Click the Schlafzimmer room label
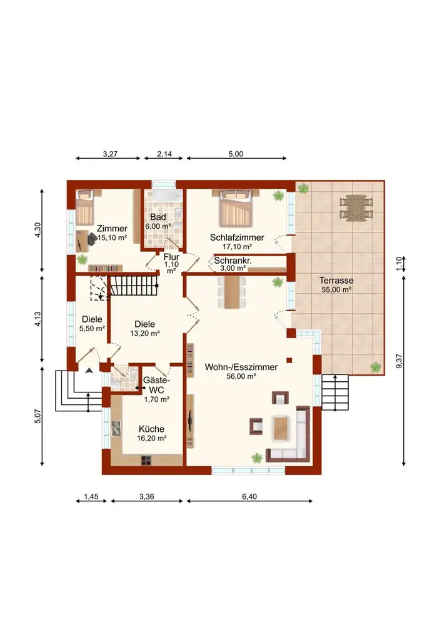tap(237, 237)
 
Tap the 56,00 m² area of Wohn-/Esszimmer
tap(241, 376)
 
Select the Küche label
tap(151, 429)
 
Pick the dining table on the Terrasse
tap(356, 207)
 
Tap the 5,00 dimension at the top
tap(236, 154)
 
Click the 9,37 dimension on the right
tap(399, 361)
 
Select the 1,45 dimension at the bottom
tap(91, 497)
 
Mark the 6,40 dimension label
tap(249, 497)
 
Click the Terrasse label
tap(336, 281)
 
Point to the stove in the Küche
tap(146, 460)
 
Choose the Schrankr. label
tap(233, 261)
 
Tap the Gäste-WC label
tap(156, 385)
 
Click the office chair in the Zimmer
tap(92, 239)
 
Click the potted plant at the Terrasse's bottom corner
tap(376, 367)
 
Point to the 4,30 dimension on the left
tap(38, 230)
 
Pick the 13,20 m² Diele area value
tap(145, 334)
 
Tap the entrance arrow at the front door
tap(89, 370)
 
